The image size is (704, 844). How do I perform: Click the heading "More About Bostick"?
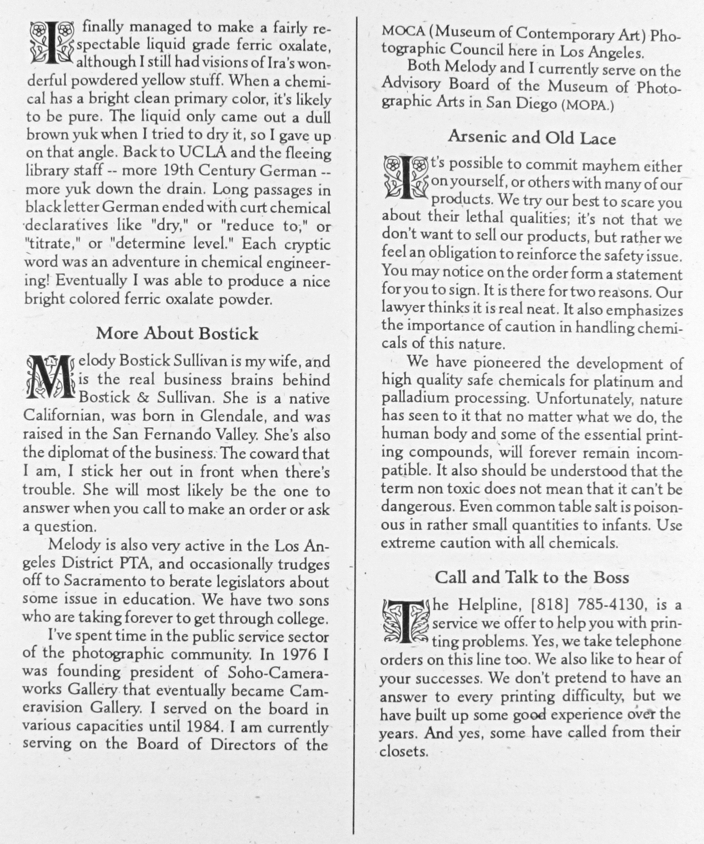[177, 334]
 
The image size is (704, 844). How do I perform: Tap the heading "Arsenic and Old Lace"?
[532, 138]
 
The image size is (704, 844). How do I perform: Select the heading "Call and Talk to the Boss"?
[532, 578]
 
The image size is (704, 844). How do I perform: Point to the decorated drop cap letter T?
[406, 623]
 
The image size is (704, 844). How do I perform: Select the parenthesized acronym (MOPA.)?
[587, 105]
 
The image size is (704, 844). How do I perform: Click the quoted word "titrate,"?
[53, 244]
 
